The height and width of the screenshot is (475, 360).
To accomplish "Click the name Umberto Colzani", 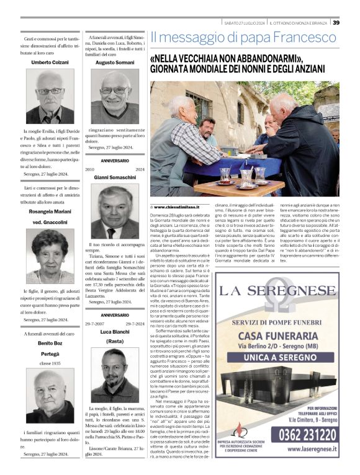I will click(x=50, y=63).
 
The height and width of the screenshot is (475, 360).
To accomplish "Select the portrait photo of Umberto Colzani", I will click(x=50, y=96).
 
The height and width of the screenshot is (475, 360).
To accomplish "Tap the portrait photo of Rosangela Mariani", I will click(x=50, y=255).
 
